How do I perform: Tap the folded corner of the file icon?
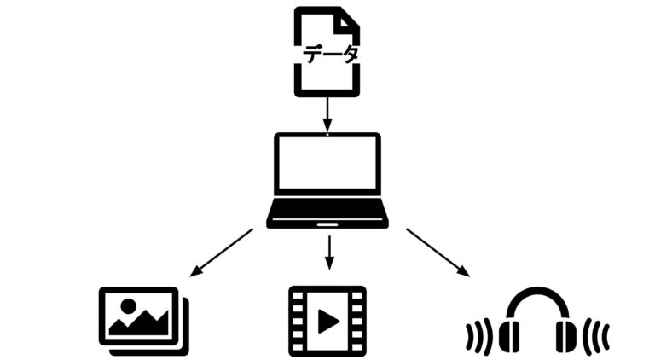pyautogui.click(x=349, y=20)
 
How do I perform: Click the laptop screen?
pyautogui.click(x=327, y=165)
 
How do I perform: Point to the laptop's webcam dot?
pyautogui.click(x=327, y=135)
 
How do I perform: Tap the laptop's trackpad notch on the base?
pyautogui.click(x=327, y=224)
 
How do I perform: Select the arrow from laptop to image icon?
pyautogui.click(x=221, y=253)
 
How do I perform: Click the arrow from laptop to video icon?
pyautogui.click(x=327, y=250)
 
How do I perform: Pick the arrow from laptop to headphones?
pyautogui.click(x=438, y=253)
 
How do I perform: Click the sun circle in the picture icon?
pyautogui.click(x=128, y=305)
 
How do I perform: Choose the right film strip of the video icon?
pyautogui.click(x=359, y=321)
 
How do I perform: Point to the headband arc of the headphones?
pyautogui.click(x=537, y=295)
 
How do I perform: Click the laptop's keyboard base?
pyautogui.click(x=327, y=212)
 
